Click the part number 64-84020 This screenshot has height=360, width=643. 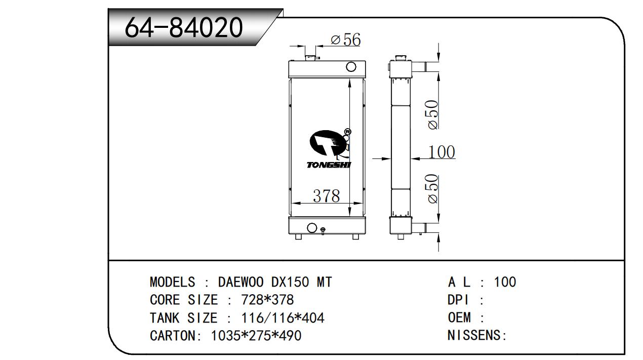184,27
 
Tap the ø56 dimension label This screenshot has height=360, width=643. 346,39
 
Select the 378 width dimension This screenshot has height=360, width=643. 327,196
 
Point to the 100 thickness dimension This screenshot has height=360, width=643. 441,152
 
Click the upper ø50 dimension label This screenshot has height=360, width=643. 432,114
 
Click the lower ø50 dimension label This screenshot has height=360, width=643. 432,189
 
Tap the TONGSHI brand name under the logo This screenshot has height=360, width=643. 329,165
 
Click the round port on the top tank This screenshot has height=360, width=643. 351,67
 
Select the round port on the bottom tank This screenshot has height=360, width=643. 312,228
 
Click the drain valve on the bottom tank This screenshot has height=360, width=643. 323,230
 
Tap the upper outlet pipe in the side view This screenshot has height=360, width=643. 419,67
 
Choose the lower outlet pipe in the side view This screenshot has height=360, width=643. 419,228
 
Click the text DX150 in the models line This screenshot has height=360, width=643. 290,282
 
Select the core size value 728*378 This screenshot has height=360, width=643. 267,300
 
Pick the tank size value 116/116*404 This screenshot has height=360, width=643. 283,318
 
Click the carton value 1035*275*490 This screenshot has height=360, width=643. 256,336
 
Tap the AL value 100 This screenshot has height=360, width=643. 505,282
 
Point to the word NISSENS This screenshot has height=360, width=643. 474,335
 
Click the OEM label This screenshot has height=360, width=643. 459,317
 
